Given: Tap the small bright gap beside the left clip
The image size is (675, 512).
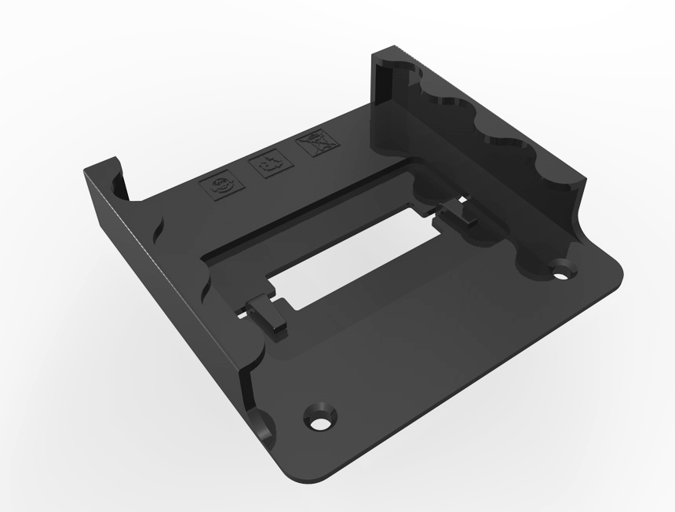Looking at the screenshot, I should pos(246,313).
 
